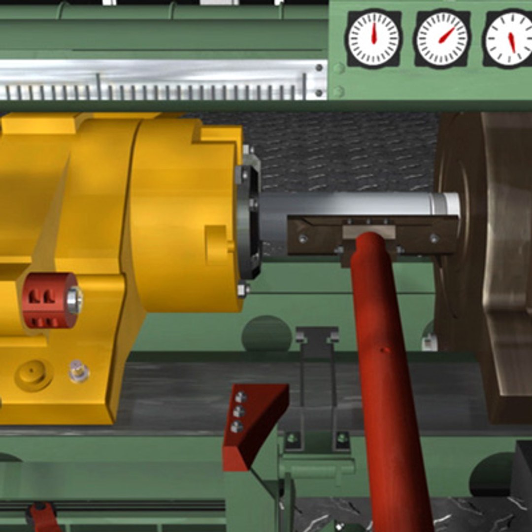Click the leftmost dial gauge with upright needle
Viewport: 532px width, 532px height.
[373, 38]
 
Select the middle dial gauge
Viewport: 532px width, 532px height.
[442, 38]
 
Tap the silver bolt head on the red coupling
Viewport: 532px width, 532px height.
[74, 300]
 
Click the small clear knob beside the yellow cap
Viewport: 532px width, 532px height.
[78, 370]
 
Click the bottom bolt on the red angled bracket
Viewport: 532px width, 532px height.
[237, 427]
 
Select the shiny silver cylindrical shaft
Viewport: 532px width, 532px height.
[360, 203]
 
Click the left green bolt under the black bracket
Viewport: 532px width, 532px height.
[292, 438]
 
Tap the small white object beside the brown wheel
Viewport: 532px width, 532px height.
[429, 342]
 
